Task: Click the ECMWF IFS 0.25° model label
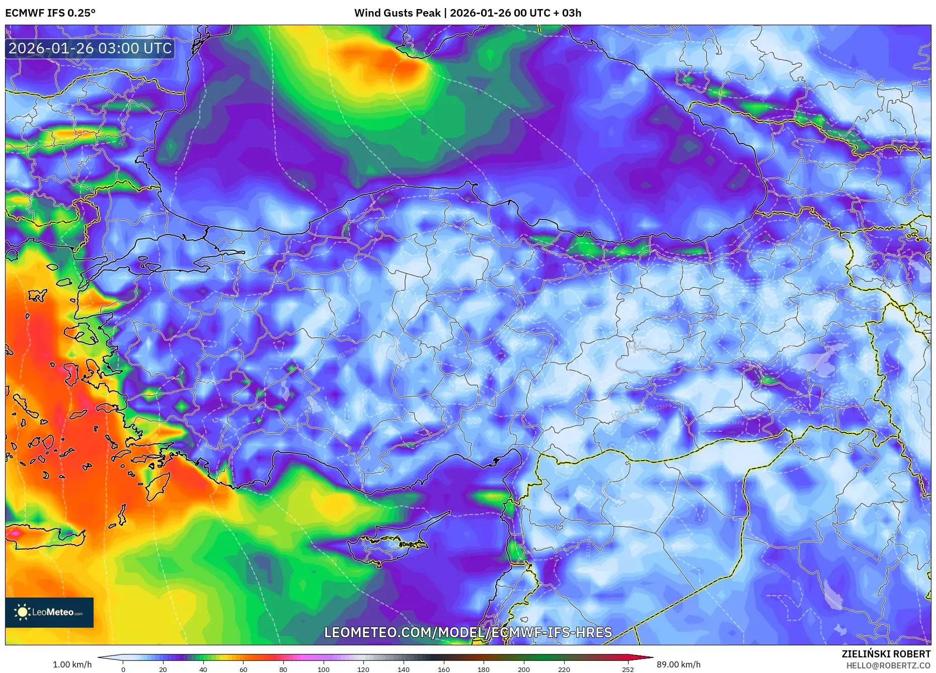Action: point(50,13)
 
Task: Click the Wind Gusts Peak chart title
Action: point(467,13)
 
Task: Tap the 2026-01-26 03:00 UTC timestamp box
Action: point(90,48)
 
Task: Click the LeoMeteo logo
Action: point(49,612)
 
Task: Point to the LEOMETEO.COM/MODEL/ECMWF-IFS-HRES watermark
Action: point(467,632)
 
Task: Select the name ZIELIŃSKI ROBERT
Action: point(886,654)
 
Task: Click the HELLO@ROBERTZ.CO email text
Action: point(888,665)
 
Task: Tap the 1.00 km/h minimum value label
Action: point(72,664)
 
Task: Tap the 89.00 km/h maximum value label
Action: point(678,664)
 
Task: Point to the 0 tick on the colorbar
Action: point(123,669)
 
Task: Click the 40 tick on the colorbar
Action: point(203,669)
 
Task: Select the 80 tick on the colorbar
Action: point(283,669)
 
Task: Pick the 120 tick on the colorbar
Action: point(363,669)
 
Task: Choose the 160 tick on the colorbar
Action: point(443,669)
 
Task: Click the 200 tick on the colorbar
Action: point(524,669)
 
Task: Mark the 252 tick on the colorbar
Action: point(628,669)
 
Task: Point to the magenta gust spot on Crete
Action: point(15,533)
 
